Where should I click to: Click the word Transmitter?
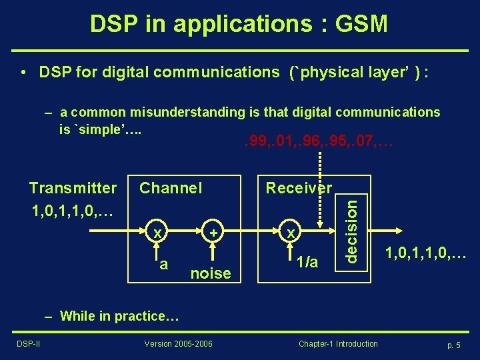(73, 188)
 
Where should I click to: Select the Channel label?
(171, 188)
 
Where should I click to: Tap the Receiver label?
(299, 188)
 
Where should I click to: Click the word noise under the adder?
(211, 273)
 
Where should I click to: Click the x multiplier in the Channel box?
(157, 233)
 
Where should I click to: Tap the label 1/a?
(307, 264)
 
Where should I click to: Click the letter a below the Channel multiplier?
(163, 264)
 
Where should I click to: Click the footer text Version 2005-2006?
(179, 344)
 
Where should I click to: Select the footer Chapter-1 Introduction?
(338, 344)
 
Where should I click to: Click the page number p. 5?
(454, 345)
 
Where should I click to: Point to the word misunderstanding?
(183, 112)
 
